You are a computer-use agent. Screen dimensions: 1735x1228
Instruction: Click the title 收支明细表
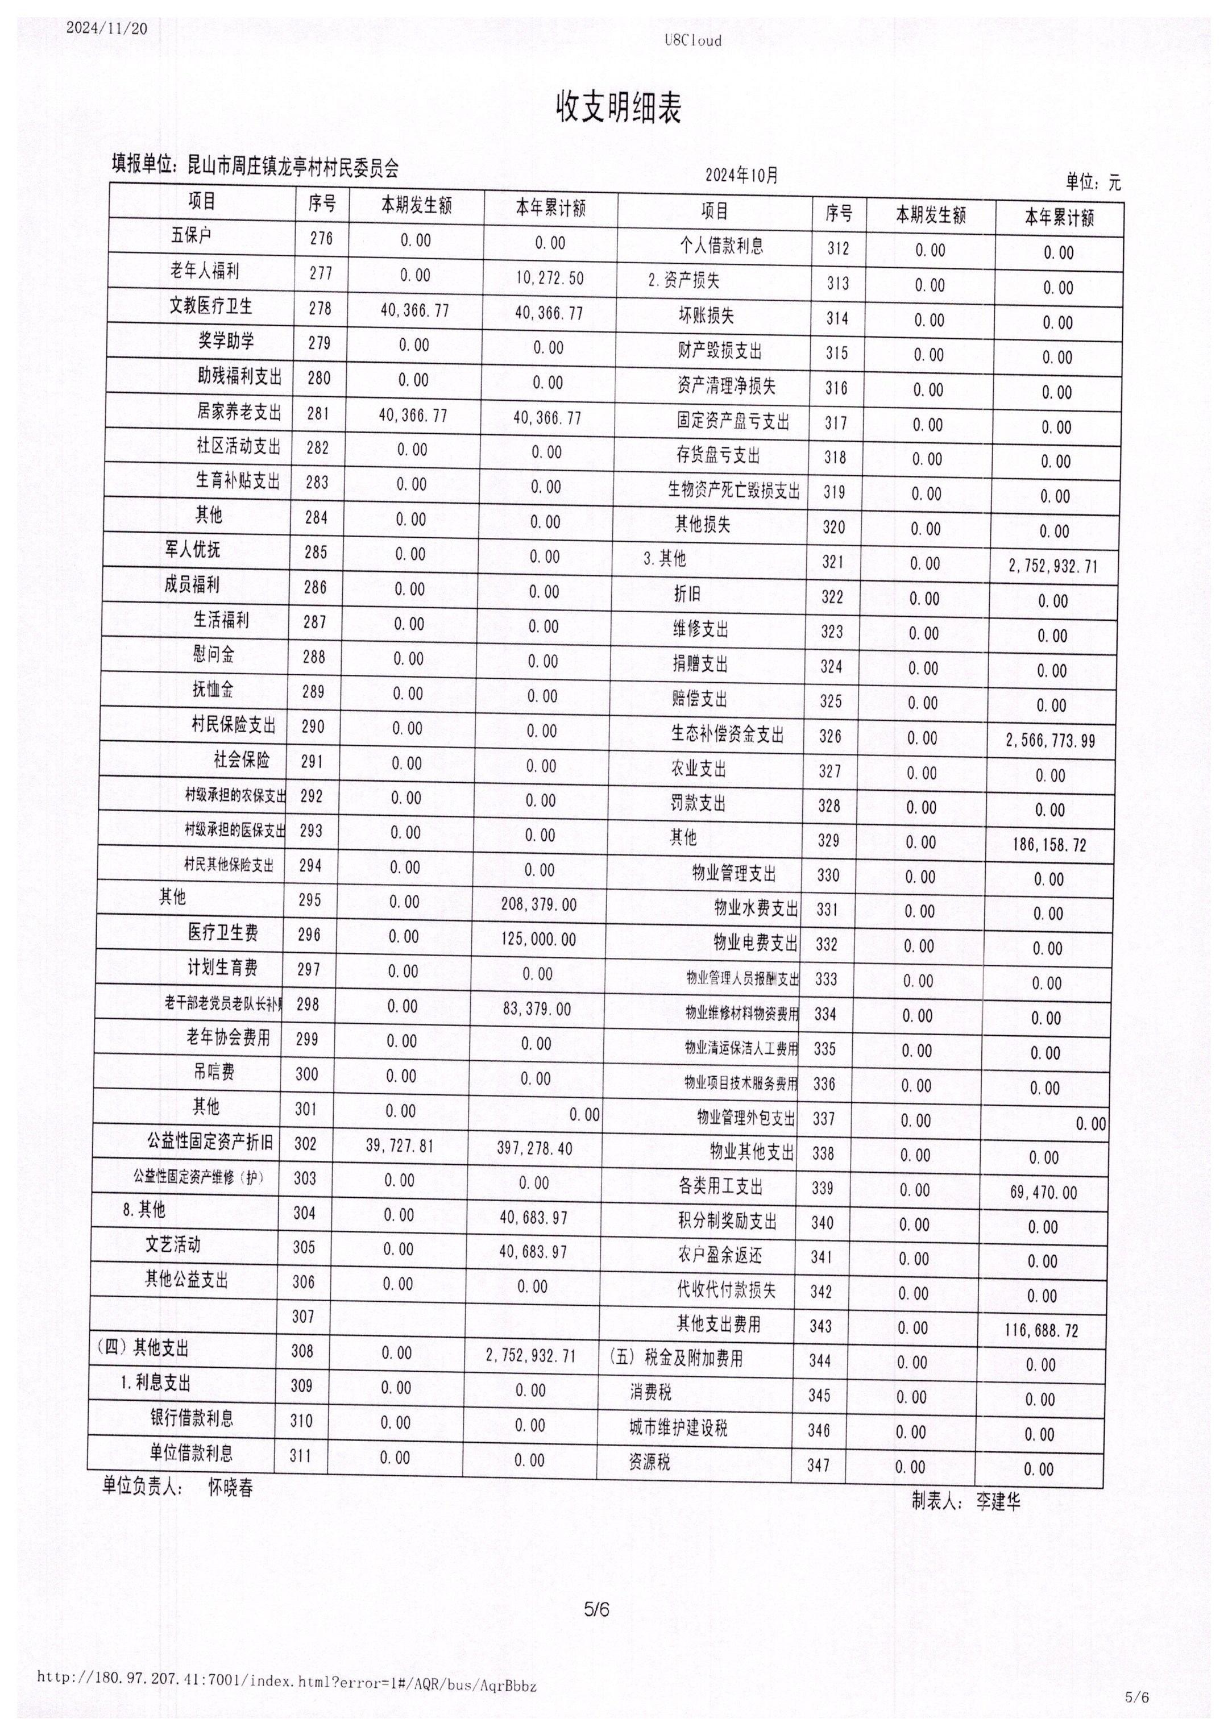619,108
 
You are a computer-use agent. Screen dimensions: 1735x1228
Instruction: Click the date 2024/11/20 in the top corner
107,29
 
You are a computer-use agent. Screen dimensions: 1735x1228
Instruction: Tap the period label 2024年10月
741,176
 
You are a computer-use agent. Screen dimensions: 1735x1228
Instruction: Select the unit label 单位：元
1093,181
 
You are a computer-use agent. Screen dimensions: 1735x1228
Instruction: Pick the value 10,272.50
550,278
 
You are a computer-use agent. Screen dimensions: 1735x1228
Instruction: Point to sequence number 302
305,1143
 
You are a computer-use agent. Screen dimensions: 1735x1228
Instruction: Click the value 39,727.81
400,1145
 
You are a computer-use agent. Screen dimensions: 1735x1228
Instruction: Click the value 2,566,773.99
1050,741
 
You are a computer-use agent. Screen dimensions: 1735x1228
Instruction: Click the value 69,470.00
1043,1193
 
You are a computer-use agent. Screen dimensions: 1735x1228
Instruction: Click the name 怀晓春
231,1488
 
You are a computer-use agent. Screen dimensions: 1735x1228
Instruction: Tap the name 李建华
998,1501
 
